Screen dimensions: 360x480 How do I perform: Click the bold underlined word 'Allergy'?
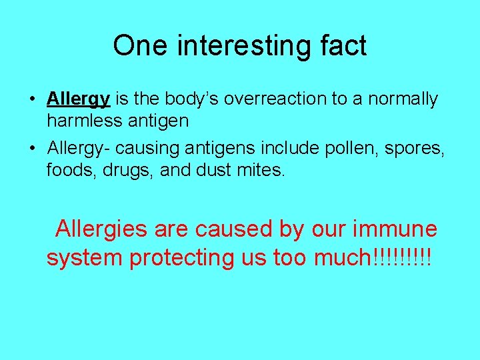[x=78, y=99]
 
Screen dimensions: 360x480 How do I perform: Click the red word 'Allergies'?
[x=102, y=229]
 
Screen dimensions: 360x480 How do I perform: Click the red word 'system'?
[x=85, y=258]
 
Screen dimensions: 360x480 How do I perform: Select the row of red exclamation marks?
[x=403, y=258]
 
